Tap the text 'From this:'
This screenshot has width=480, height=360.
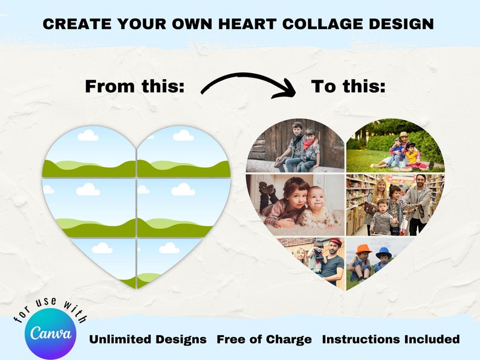[x=134, y=86]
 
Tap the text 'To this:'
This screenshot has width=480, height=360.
[x=348, y=86]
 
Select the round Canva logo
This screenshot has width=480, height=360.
[x=50, y=333]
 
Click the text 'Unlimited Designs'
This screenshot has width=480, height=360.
[x=148, y=339]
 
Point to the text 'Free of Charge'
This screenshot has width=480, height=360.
[x=264, y=339]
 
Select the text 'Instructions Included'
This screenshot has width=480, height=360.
[x=391, y=339]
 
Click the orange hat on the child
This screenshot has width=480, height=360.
[x=363, y=249]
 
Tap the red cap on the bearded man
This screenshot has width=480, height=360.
[x=336, y=242]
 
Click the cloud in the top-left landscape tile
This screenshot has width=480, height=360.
[x=88, y=135]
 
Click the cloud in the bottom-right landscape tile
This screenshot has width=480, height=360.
[x=169, y=248]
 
